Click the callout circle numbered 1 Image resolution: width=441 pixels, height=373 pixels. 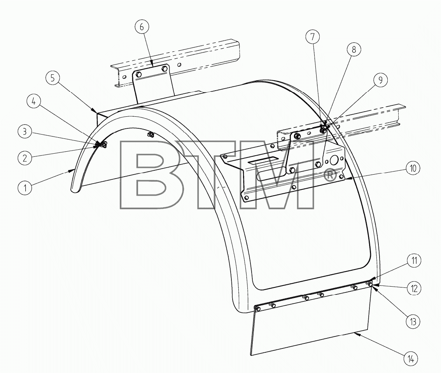coord(25,187)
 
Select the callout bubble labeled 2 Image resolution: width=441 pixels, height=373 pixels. coord(25,158)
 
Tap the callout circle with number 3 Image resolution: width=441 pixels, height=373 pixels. coord(25,131)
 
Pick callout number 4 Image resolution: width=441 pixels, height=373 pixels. coord(34,101)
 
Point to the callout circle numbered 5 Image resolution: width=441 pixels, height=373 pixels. coord(53,78)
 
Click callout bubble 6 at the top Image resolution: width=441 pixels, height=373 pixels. coord(142,27)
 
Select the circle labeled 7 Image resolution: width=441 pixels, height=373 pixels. coord(313,37)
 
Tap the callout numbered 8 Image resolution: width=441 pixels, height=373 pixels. coord(353,49)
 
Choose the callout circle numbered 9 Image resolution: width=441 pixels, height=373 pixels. coord(381,80)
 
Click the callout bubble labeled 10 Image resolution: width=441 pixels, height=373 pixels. coord(413,168)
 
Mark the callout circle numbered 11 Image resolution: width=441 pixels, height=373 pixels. coord(414,261)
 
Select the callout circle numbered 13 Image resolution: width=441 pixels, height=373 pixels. coord(413,322)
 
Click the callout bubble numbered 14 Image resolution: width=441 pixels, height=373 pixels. coord(411,359)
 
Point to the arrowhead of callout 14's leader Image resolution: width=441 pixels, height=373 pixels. coord(355,334)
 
